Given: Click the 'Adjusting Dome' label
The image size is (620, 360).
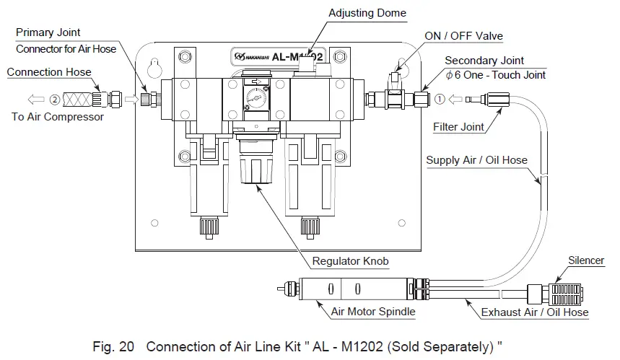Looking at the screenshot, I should pos(367,12).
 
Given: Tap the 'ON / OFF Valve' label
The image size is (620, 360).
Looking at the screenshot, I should pos(463,36).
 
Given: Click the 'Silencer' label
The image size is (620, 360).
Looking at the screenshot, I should pos(585,260).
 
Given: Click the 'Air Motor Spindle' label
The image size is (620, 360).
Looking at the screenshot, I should pos(372,312).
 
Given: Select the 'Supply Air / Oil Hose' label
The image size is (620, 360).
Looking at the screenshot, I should pos(476,160).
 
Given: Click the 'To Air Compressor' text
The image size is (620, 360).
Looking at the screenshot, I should pos(57,117).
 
